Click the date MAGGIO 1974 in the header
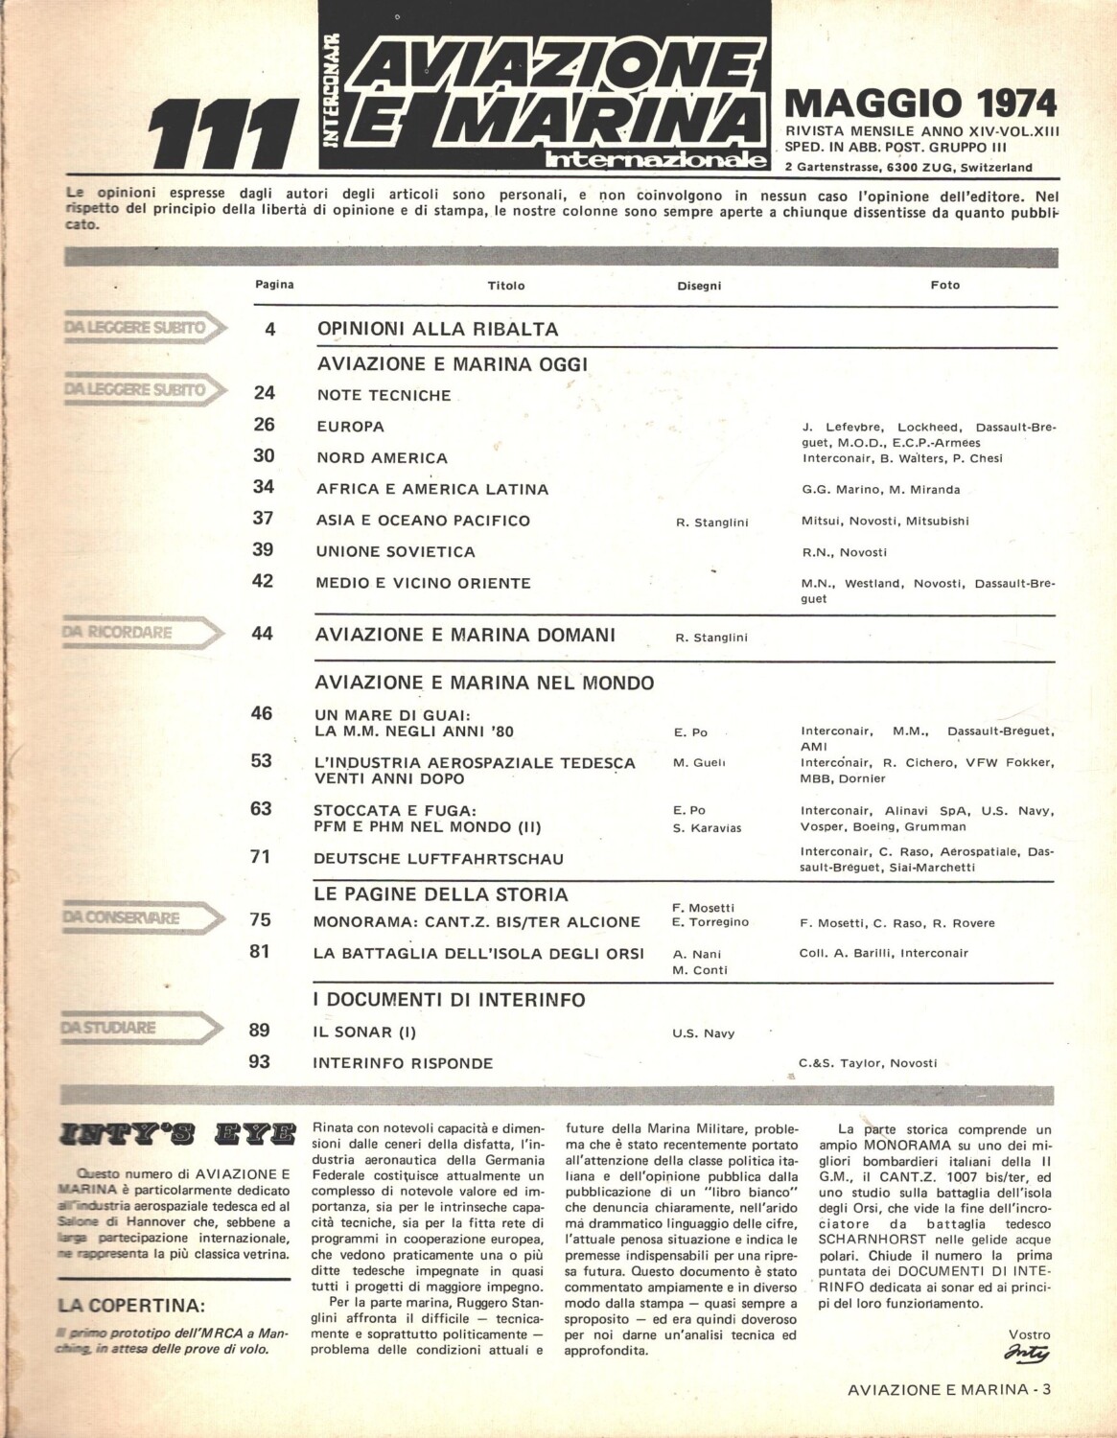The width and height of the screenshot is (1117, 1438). pyautogui.click(x=920, y=103)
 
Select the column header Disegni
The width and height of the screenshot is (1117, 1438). pyautogui.click(x=699, y=286)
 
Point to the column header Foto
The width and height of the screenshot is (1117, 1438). pyautogui.click(x=944, y=285)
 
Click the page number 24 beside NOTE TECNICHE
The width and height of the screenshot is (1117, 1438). pyautogui.click(x=264, y=393)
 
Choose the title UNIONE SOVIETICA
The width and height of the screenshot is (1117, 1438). pyautogui.click(x=396, y=551)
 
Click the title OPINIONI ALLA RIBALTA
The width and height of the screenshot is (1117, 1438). pyautogui.click(x=437, y=329)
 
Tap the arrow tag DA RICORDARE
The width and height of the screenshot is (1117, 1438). pyautogui.click(x=144, y=632)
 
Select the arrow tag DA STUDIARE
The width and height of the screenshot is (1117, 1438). pyautogui.click(x=144, y=1029)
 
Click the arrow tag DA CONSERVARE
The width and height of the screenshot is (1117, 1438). pyautogui.click(x=144, y=917)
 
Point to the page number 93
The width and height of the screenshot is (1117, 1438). pyautogui.click(x=260, y=1061)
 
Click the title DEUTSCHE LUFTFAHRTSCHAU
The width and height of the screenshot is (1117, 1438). pyautogui.click(x=440, y=858)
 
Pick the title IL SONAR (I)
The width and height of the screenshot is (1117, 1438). pyautogui.click(x=367, y=1032)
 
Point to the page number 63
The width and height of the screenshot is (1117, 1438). pyautogui.click(x=262, y=808)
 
